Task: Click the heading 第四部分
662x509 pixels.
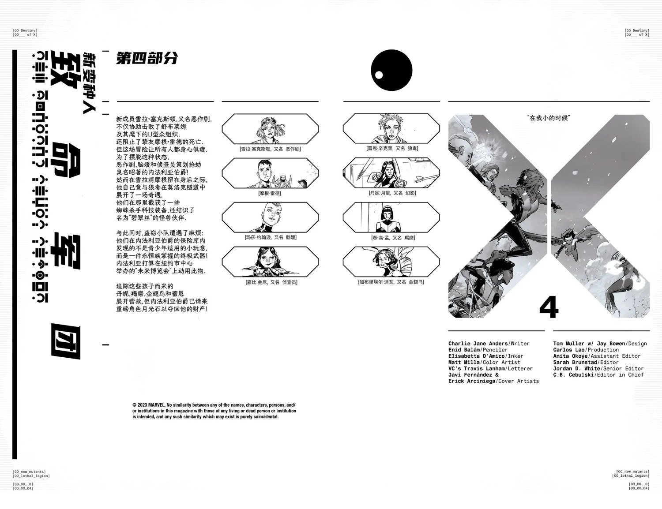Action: click(x=147, y=58)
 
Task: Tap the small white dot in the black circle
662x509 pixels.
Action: click(x=379, y=75)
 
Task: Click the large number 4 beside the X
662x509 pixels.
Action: click(x=549, y=308)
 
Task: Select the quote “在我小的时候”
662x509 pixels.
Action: click(x=549, y=118)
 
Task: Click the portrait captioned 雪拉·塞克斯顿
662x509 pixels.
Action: click(x=270, y=128)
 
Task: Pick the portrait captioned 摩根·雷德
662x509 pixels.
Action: click(x=270, y=173)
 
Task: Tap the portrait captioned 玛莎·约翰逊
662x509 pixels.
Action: click(x=270, y=217)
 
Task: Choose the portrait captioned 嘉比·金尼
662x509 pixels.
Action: click(x=270, y=262)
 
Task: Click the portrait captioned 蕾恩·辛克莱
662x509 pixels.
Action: click(x=391, y=128)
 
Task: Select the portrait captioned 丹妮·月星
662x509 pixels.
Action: click(x=391, y=172)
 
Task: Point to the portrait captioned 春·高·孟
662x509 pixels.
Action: click(x=391, y=217)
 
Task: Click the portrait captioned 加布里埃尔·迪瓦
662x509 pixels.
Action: click(x=391, y=262)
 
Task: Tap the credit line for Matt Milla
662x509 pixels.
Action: click(x=484, y=362)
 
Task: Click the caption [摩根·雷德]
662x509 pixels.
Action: click(x=270, y=193)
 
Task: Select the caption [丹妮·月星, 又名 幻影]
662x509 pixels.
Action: click(x=392, y=193)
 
